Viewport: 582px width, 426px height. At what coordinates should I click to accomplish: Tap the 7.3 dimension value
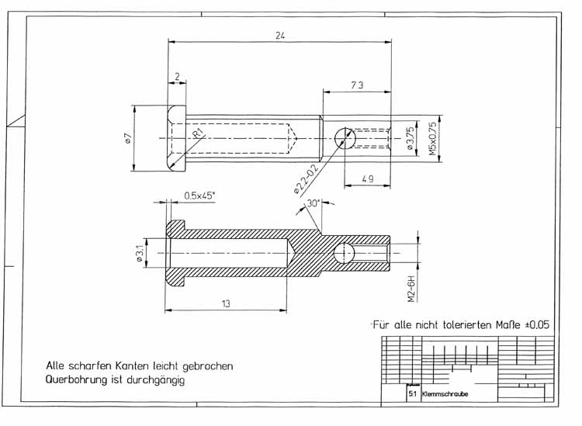[358, 85]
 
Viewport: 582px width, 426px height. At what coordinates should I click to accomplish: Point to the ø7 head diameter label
[126, 139]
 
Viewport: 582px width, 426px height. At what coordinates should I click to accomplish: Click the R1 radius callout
[199, 133]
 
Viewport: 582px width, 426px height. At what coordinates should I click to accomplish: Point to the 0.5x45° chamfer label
[199, 196]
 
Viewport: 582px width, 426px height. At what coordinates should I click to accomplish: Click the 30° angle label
[314, 203]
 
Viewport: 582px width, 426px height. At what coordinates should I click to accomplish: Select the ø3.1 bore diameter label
[140, 254]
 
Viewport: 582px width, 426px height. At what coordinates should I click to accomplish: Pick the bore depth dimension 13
[225, 303]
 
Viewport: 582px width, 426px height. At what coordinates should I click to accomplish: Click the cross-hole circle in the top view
[345, 139]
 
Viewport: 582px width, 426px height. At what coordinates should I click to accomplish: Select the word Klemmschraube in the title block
[445, 394]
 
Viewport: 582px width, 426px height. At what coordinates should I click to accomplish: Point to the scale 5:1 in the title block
[411, 394]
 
